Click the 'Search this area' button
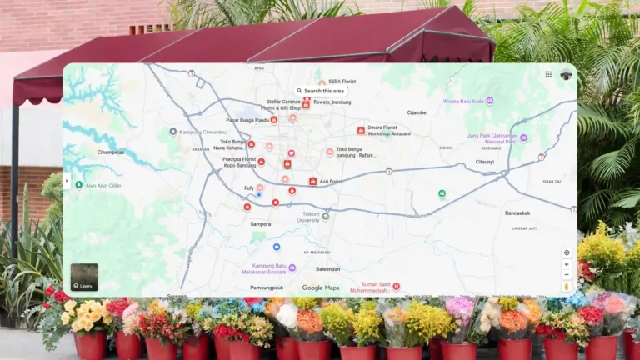pos(321,91)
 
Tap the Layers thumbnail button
pos(84,277)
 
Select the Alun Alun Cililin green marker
pos(79,185)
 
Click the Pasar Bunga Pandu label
pos(248,120)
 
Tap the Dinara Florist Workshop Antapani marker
pos(361,130)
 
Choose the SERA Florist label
pos(342,82)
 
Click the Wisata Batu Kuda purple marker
pos(489,101)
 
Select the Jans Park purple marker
pos(523,137)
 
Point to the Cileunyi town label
pos(485,162)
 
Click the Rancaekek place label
pos(517,212)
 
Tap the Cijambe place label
pos(416,112)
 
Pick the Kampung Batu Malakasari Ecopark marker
pos(292,268)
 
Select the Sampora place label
pos(261,224)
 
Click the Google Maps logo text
pos(320,288)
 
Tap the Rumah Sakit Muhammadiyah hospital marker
pos(396,287)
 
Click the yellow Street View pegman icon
pos(567,286)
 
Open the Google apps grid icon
pos(548,74)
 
